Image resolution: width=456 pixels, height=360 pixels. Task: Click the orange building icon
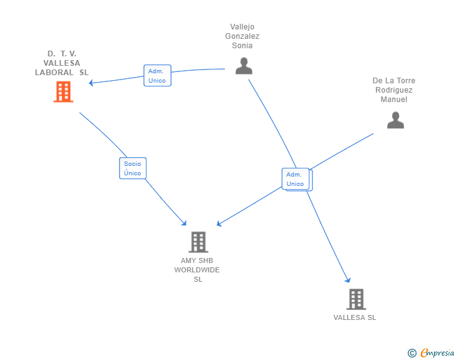tap(63, 91)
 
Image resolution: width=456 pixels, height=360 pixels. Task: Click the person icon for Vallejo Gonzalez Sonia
tap(244, 66)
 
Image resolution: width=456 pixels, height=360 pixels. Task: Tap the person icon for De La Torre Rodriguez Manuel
tap(395, 120)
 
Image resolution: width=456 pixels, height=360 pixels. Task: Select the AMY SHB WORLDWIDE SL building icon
tap(199, 242)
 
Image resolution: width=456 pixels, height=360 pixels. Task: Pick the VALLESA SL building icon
tap(356, 299)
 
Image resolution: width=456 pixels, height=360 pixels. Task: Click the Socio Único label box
tap(133, 168)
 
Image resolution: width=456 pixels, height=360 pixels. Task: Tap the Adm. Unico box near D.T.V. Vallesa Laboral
tap(157, 76)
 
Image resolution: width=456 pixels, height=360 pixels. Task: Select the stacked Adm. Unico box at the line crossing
tap(297, 179)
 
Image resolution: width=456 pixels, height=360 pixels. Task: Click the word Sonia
tap(242, 46)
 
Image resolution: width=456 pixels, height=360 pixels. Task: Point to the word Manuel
tap(394, 100)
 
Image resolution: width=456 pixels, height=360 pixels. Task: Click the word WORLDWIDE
tap(197, 270)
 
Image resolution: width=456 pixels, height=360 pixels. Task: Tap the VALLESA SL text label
tap(355, 317)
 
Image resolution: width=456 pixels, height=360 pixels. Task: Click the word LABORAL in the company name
tap(54, 73)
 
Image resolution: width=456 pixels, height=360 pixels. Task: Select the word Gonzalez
tap(242, 36)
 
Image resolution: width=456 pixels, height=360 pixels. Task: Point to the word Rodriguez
tap(394, 90)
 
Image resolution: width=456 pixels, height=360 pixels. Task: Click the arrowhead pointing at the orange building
tap(91, 83)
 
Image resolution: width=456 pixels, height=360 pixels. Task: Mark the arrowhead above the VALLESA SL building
tap(348, 280)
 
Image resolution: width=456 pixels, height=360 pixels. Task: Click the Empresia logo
tap(437, 352)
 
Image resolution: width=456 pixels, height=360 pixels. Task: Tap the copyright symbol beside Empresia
tap(412, 353)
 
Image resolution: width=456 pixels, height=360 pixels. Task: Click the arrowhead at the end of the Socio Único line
tap(184, 223)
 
